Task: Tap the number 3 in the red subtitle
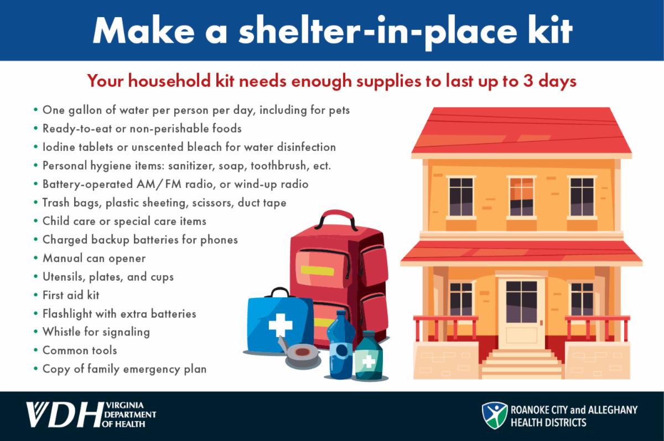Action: point(528,81)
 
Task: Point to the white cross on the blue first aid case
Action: point(280,325)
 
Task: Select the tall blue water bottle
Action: point(340,344)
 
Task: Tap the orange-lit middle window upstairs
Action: point(521,197)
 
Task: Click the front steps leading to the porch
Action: point(521,364)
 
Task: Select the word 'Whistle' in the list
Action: point(61,332)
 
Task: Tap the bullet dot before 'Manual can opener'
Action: point(36,258)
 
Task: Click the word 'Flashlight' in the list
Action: point(68,314)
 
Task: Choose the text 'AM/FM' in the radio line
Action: point(159,184)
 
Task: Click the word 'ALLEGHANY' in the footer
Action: point(613,410)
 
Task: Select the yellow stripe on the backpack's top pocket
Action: point(317,271)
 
